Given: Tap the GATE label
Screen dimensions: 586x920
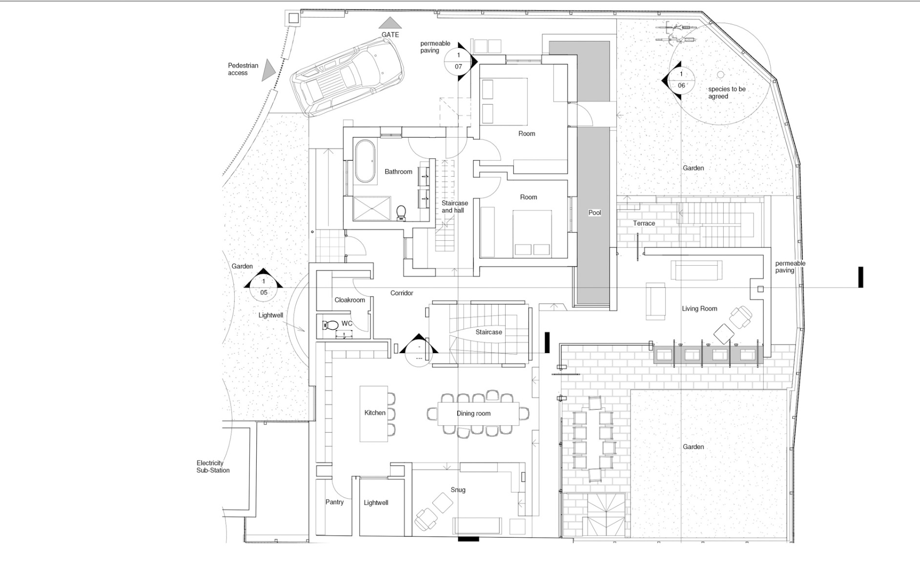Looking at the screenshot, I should [390, 35].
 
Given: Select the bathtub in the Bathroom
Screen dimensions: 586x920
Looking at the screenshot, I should [364, 162].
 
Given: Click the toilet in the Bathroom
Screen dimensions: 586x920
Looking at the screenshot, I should [401, 212].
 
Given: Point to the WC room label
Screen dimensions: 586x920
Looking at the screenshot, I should [347, 324].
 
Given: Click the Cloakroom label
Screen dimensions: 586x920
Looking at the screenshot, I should [349, 300].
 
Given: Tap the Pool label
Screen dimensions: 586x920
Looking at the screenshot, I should [594, 213].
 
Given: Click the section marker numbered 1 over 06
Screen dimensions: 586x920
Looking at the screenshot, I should [681, 80].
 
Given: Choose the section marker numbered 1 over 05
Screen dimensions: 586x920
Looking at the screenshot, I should [264, 287].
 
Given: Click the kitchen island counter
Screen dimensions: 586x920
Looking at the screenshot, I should [373, 414].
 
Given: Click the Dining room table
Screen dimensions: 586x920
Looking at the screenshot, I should [478, 414].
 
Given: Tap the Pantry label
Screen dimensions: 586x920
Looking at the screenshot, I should [334, 502].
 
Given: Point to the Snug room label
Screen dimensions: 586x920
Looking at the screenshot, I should [458, 490].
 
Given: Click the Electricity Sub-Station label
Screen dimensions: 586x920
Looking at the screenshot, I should [212, 467].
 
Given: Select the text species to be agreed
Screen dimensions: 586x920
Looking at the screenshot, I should [727, 93].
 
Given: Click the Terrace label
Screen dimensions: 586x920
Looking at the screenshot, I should [644, 223].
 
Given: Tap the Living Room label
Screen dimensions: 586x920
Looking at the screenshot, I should [699, 309].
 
